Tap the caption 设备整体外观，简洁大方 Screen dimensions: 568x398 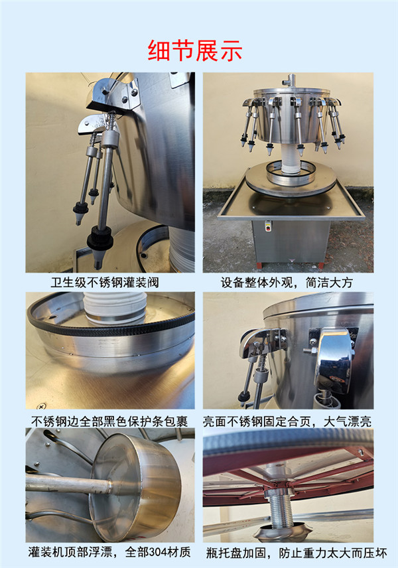click(287, 283)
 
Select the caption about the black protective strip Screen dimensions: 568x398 click(109, 420)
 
